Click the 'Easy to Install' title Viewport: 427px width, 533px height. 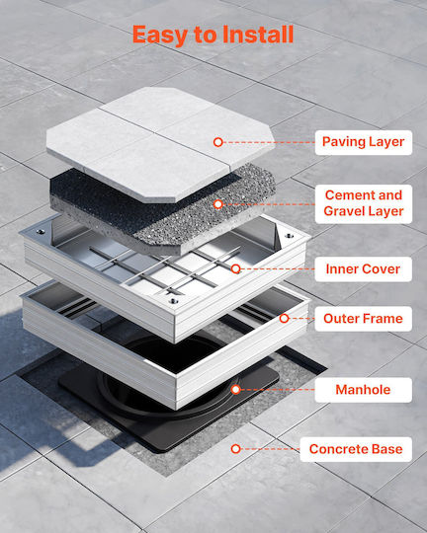[213, 35]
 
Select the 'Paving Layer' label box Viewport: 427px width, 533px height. [364, 142]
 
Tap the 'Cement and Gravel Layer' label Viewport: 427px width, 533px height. [364, 203]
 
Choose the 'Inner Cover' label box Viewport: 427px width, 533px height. [364, 269]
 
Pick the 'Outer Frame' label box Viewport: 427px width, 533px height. [364, 319]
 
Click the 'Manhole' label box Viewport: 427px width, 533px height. [364, 390]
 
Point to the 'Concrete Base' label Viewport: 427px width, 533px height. [356, 449]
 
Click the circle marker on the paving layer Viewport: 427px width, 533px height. [218, 142]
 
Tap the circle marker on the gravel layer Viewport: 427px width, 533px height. [218, 204]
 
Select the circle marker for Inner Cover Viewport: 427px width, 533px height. [235, 268]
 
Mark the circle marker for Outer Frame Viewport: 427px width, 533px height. [285, 318]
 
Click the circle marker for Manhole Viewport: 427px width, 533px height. [235, 390]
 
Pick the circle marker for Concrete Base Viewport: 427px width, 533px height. [235, 449]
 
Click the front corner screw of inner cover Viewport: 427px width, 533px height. [173, 301]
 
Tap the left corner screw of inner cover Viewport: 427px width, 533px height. [41, 232]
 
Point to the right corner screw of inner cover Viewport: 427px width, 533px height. [290, 236]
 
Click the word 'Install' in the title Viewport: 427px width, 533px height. [258, 34]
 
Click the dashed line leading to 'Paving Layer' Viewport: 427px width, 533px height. [269, 142]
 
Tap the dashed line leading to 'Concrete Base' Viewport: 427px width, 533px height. [270, 449]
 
